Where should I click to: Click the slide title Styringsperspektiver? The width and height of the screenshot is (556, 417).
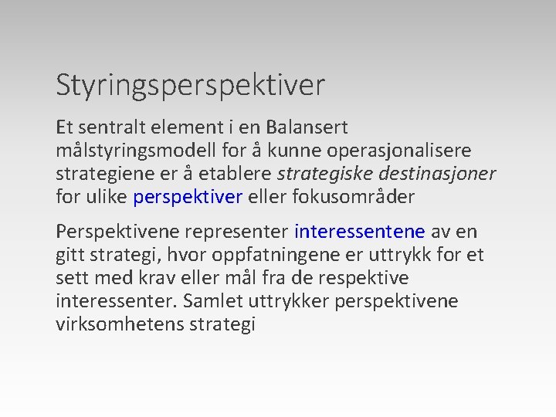point(190,86)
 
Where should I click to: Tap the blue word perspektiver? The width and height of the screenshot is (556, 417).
point(188,197)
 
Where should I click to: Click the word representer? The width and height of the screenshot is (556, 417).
point(239,231)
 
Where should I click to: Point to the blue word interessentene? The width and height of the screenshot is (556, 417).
point(360,231)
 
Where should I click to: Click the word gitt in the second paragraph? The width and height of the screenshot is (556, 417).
point(70,254)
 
